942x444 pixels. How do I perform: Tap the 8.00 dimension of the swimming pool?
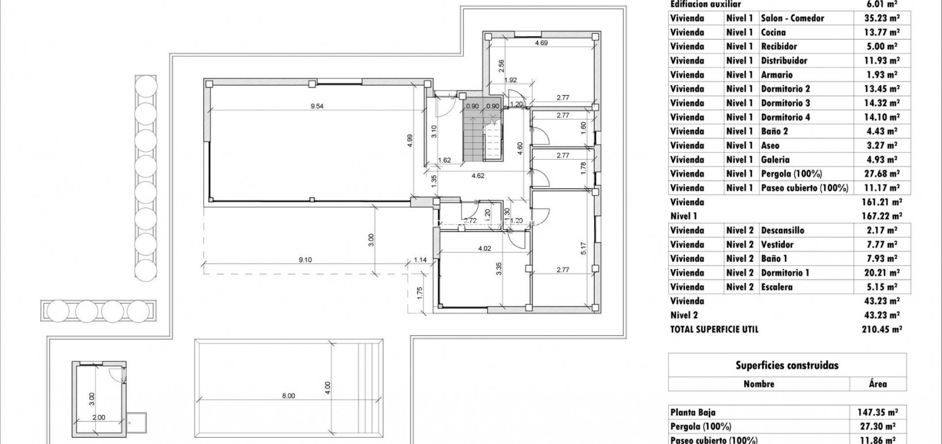288,395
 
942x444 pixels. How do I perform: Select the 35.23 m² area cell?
882,18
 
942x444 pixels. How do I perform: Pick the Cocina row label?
773,33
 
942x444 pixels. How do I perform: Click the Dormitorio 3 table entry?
785,103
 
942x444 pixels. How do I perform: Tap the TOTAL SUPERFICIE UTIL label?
714,330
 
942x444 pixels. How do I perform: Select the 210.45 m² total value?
882,330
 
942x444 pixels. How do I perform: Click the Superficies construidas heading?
787,365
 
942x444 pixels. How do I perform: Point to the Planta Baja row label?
692,412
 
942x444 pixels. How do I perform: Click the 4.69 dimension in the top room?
541,43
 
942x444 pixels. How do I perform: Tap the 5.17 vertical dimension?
583,248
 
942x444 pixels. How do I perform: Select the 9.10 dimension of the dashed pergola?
305,260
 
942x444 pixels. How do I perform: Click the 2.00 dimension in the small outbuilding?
98,418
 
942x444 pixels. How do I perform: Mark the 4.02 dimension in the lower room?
485,249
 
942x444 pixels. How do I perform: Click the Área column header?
876,384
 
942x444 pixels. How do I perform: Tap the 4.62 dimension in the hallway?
477,176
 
